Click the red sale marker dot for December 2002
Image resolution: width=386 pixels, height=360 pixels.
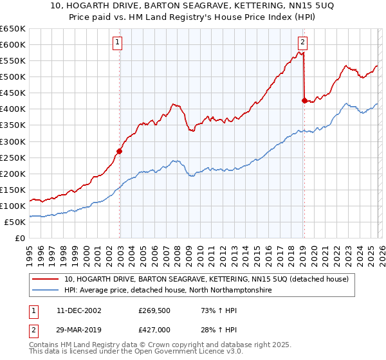pyautogui.click(x=119, y=152)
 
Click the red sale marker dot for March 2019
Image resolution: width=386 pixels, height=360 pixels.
pyautogui.click(x=304, y=100)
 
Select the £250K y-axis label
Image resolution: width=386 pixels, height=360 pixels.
pyautogui.click(x=13, y=157)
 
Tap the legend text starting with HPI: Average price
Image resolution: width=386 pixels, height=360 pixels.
pyautogui.click(x=168, y=291)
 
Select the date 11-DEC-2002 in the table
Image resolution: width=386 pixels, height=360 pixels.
pyautogui.click(x=73, y=310)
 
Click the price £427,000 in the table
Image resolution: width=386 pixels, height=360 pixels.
pyautogui.click(x=153, y=329)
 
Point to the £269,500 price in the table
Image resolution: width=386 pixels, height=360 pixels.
pyautogui.click(x=153, y=310)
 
